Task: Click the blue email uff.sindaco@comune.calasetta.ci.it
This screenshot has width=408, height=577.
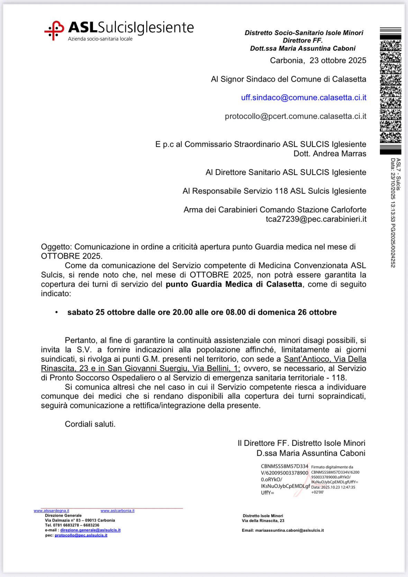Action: tap(303, 98)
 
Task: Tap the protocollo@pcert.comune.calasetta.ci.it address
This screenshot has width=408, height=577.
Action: tap(295, 116)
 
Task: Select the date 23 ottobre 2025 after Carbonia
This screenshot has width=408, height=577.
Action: tap(338, 61)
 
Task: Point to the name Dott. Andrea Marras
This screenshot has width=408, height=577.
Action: tap(329, 154)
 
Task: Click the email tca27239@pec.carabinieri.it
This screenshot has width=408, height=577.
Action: tap(316, 219)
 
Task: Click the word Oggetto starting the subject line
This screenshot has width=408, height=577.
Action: tap(56, 247)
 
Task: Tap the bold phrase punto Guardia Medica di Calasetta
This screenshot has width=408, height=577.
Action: tap(234, 284)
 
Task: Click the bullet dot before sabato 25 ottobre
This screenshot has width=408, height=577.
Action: tap(56, 312)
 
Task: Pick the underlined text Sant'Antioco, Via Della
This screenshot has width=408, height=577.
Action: tap(325, 359)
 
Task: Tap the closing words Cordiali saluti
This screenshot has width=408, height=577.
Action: tap(90, 424)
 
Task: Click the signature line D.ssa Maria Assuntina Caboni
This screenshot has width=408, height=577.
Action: tap(310, 453)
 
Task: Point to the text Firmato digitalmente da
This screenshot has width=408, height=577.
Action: tap(332, 467)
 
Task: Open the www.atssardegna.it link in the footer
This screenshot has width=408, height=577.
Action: tap(51, 511)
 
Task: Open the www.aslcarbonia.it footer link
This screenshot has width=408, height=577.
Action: tap(117, 511)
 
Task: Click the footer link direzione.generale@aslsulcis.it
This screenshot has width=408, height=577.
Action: tap(90, 530)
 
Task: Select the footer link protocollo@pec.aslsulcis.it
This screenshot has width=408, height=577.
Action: tap(81, 535)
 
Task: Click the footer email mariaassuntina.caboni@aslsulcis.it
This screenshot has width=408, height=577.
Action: tap(289, 531)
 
